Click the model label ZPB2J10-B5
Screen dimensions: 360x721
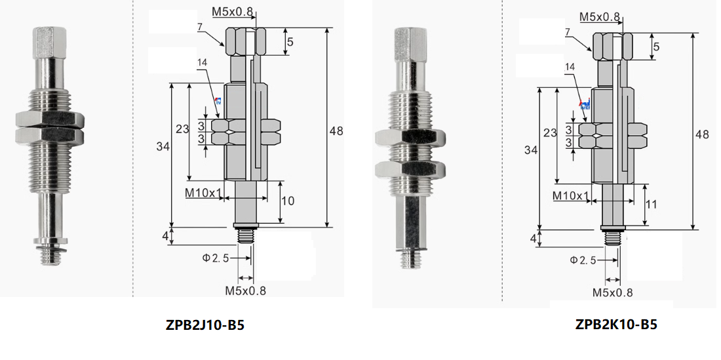pos(205,325)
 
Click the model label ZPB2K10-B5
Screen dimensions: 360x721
pos(615,325)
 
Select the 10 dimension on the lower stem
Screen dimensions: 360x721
pos(288,201)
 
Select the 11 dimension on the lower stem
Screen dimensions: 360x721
pos(651,204)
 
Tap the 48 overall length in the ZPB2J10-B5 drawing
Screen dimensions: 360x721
pos(336,131)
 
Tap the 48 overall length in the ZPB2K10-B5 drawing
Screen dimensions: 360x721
pos(702,134)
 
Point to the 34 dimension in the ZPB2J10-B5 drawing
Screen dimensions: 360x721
pos(163,146)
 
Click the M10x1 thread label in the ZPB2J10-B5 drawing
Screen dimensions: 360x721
pos(204,193)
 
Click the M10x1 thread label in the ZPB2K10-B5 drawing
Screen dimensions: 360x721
pos(571,195)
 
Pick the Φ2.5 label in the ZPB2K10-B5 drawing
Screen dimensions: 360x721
pos(583,260)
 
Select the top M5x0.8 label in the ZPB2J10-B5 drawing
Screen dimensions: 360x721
pos(231,10)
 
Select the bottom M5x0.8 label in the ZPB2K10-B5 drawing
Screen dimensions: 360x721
pos(613,292)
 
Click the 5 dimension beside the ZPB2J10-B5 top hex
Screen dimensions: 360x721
pos(290,42)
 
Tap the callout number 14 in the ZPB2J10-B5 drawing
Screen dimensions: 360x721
pos(202,62)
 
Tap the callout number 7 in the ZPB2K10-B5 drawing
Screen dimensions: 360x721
pos(566,30)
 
